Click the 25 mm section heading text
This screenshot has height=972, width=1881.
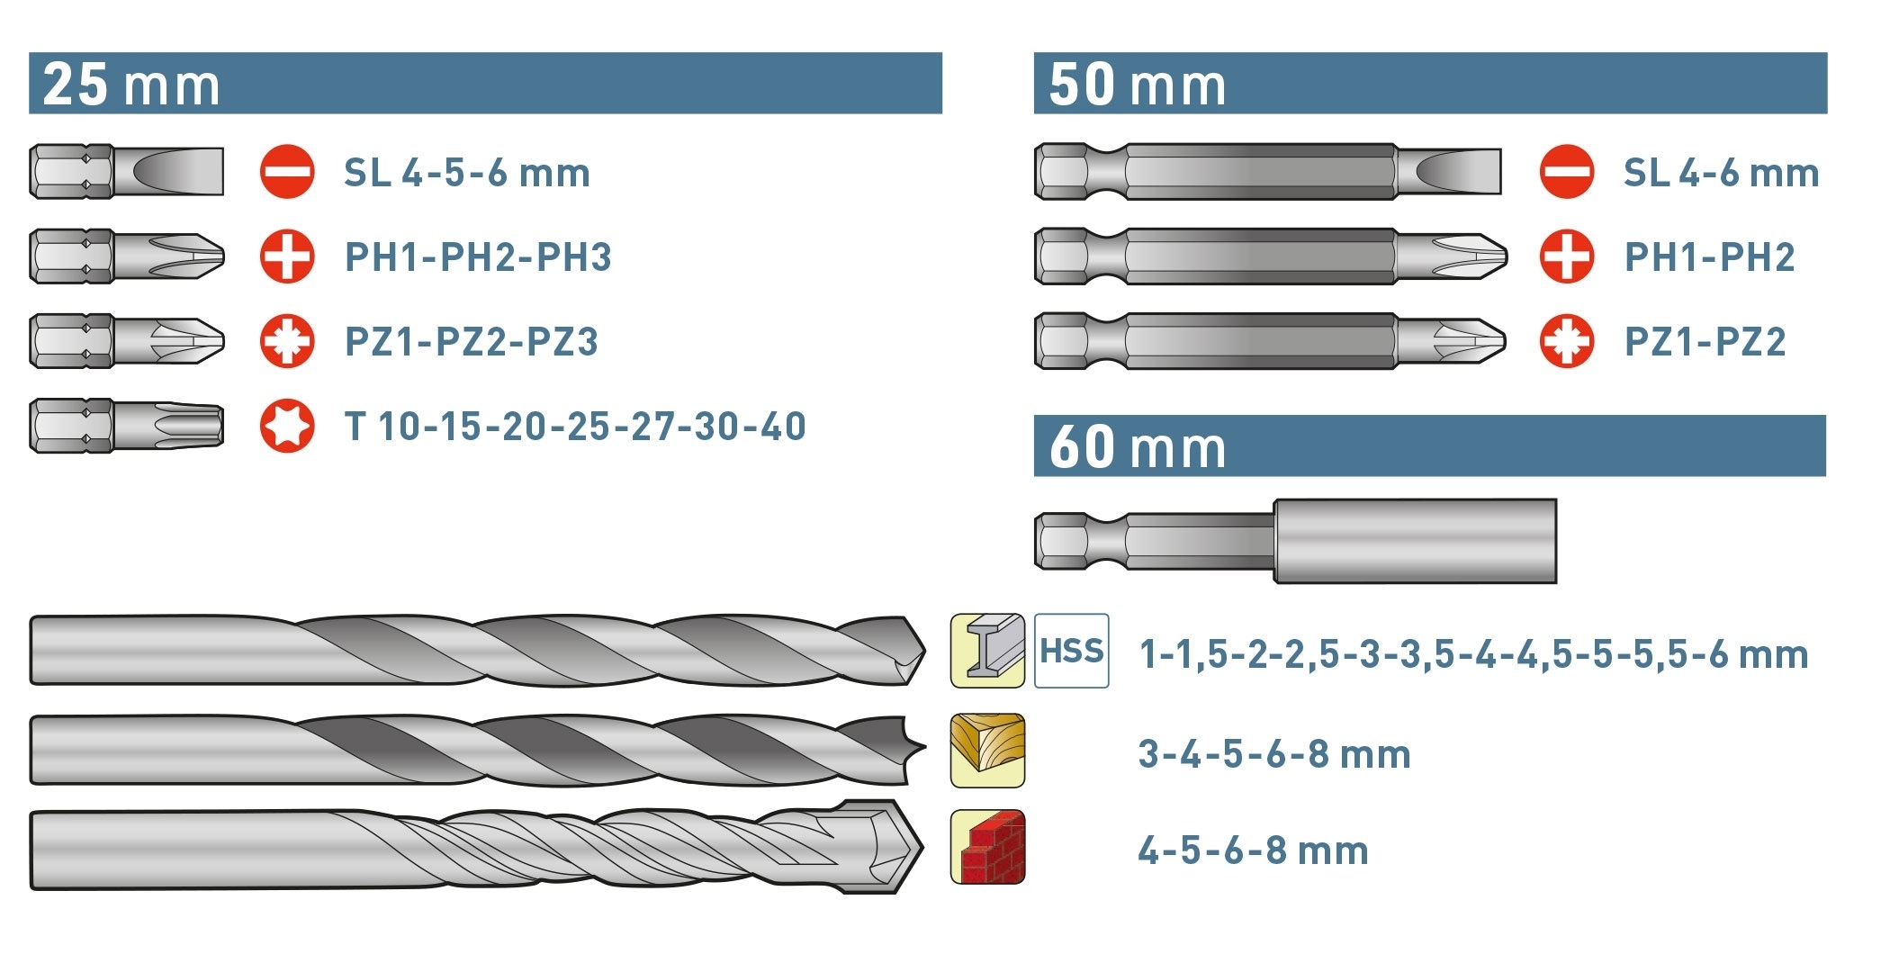pos(131,85)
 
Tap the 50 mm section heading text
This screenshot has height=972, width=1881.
pos(1138,85)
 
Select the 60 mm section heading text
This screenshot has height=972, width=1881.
pos(1138,446)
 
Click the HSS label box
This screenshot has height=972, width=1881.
pos(1071,651)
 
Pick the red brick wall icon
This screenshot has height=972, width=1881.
pos(987,847)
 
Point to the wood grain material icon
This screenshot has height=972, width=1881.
pos(987,751)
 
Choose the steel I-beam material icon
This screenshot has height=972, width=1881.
pos(987,651)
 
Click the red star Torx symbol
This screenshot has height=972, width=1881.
pos(287,426)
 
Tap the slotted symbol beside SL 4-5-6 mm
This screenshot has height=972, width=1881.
pos(287,171)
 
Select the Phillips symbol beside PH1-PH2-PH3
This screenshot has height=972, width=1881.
pos(287,256)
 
